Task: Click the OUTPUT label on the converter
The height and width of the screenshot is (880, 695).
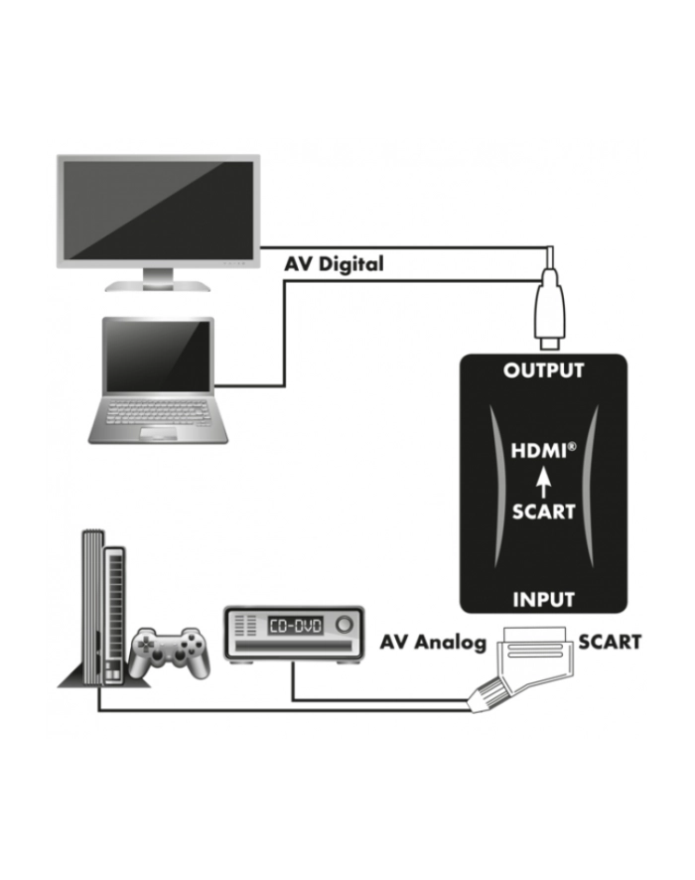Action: [543, 370]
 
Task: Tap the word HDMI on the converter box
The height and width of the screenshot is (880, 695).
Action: [540, 451]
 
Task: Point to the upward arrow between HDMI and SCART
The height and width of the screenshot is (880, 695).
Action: [542, 484]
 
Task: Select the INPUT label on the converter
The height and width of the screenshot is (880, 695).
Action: [543, 599]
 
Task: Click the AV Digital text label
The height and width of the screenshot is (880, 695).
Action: [334, 264]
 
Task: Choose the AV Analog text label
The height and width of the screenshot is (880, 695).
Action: [433, 642]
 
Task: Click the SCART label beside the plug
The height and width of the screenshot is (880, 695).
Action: [610, 642]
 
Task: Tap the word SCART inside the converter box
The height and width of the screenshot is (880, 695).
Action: [543, 512]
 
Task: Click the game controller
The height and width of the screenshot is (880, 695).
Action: [170, 653]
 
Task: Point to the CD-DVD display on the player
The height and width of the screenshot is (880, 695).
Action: [295, 625]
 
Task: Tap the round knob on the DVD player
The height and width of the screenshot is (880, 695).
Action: [344, 624]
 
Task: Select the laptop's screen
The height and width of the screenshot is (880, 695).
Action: [158, 357]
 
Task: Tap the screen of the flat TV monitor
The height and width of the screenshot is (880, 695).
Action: [158, 211]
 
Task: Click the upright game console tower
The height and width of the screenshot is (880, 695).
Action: [103, 608]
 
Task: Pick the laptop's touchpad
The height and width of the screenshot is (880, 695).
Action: [158, 433]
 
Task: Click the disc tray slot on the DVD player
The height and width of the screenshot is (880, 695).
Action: [295, 646]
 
